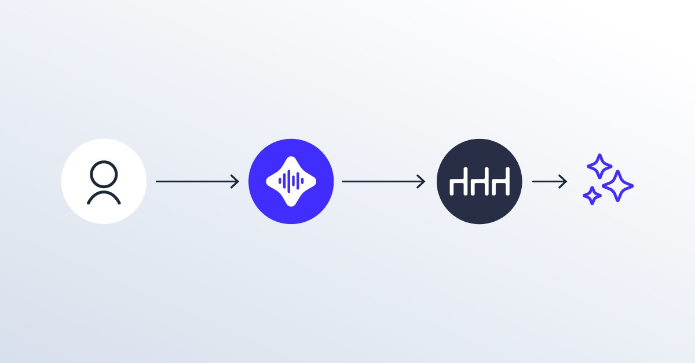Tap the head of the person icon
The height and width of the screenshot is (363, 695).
coord(104,174)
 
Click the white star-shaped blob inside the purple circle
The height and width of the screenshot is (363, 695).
coord(291,168)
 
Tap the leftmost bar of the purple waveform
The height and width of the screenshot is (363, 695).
coord(279,181)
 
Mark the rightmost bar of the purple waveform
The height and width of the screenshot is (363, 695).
coord(303,181)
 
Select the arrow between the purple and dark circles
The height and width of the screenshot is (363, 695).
coord(382,181)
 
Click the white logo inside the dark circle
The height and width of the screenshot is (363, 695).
coord(480,182)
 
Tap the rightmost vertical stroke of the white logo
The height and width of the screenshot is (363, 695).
coord(507,182)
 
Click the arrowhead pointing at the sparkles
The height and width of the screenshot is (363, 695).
coord(564,181)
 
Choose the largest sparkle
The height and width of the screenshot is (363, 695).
coord(617,186)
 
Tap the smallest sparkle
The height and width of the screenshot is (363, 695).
coord(591,196)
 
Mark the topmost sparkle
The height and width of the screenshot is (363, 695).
coord(599,167)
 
